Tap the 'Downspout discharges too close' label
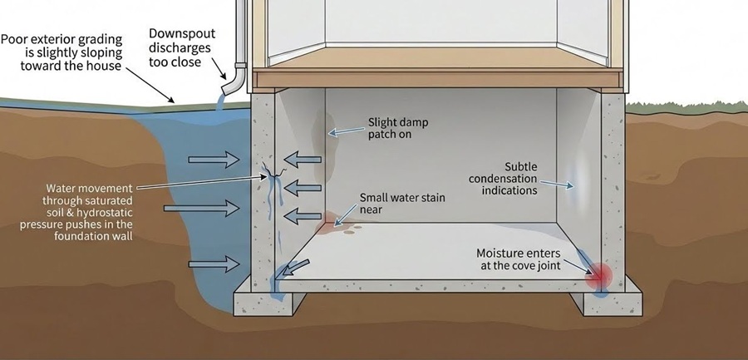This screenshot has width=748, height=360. [x=185, y=47]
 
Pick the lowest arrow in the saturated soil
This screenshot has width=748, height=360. [x=211, y=264]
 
